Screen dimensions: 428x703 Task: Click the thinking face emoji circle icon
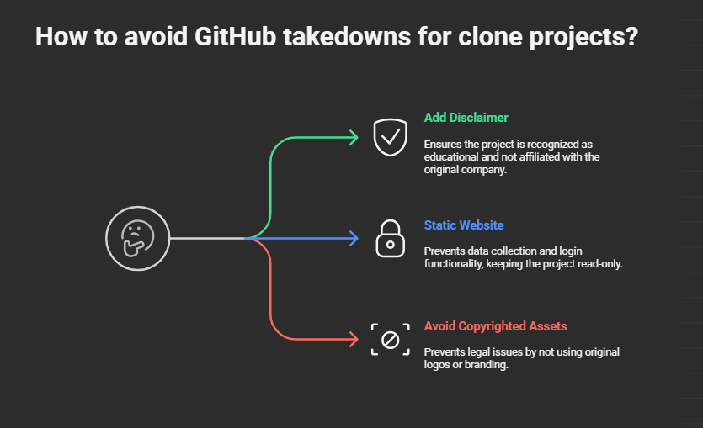pos(137,238)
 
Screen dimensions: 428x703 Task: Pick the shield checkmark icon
pos(390,137)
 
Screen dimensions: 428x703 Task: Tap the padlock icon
pos(390,238)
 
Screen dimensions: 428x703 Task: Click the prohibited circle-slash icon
pos(390,339)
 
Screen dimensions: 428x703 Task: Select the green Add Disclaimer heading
pos(466,118)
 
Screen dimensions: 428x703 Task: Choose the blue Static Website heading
pos(464,225)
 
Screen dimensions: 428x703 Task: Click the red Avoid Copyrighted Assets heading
pos(495,326)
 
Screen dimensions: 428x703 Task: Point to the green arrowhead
pos(354,137)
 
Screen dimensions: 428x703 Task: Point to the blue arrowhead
pos(354,238)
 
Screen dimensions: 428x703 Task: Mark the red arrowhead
pos(354,340)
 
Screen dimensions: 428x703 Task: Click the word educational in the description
pos(451,157)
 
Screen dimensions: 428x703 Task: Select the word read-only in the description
pos(597,264)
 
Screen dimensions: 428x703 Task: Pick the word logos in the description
pos(437,365)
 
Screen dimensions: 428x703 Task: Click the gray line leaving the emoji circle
pos(206,238)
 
